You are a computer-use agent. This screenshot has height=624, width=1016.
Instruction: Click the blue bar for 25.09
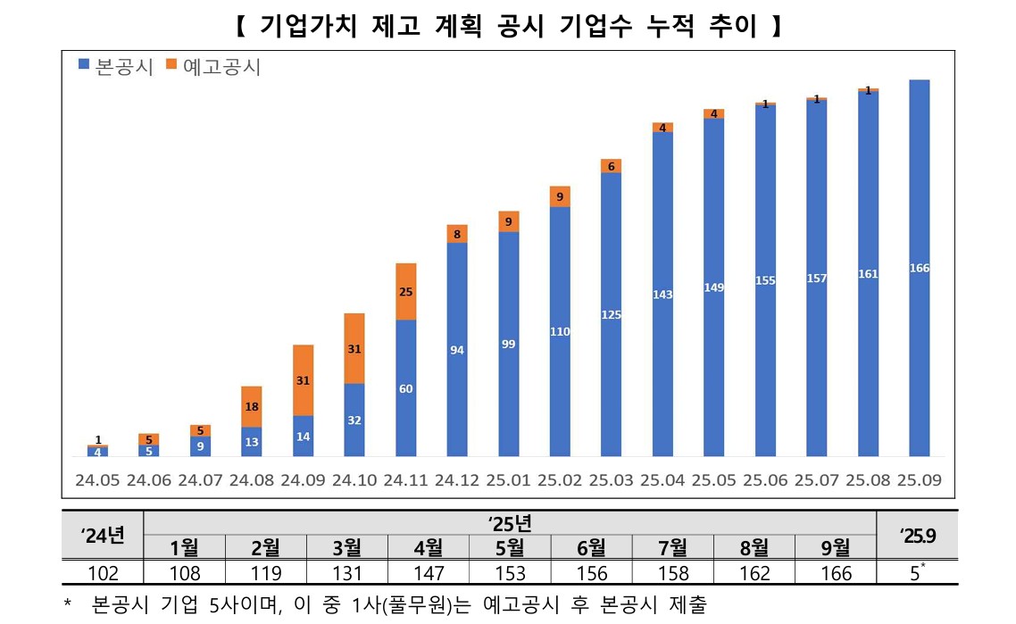[919, 268]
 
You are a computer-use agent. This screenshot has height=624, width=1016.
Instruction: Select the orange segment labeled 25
[405, 292]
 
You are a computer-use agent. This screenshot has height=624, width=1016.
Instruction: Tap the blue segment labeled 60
[405, 388]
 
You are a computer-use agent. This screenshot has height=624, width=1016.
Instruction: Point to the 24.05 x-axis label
[97, 479]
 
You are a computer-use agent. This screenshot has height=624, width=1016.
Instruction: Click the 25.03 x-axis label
[612, 479]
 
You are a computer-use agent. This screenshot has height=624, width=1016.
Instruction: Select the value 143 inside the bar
[662, 295]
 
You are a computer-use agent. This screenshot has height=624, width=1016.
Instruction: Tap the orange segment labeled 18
[252, 406]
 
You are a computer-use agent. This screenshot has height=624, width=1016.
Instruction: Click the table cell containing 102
[103, 572]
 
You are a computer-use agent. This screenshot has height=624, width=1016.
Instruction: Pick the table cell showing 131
[346, 572]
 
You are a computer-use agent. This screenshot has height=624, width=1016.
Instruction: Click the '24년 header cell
[103, 534]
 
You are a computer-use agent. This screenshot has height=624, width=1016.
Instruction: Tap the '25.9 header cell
[917, 534]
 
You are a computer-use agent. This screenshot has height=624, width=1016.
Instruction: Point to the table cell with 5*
[917, 572]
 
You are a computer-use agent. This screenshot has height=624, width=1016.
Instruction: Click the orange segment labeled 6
[612, 166]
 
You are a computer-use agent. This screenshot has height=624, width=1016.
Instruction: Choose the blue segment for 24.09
[303, 437]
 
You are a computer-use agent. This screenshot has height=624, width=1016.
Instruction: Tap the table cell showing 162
[755, 572]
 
